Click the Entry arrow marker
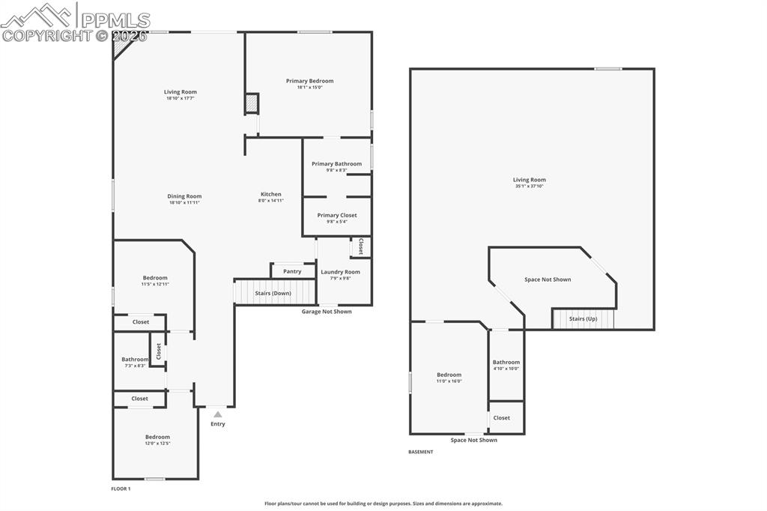pos(217,414)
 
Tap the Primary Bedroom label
pos(309,81)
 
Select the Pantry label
pos(292,271)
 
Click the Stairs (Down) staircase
pos(273,292)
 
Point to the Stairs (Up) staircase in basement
pos(583,319)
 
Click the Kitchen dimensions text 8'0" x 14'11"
pos(270,201)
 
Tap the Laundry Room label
pos(340,272)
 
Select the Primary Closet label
pos(336,215)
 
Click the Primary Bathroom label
pos(336,164)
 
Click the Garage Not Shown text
pos(326,312)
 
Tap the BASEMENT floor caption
pos(420,452)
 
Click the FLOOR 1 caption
pos(121,489)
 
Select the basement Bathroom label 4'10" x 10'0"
pos(506,363)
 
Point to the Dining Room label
pos(184,196)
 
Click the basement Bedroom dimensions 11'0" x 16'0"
pos(449,381)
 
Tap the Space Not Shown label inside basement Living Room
pos(547,279)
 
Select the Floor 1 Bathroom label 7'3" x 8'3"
pos(135,360)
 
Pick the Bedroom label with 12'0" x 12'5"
pos(157,437)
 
